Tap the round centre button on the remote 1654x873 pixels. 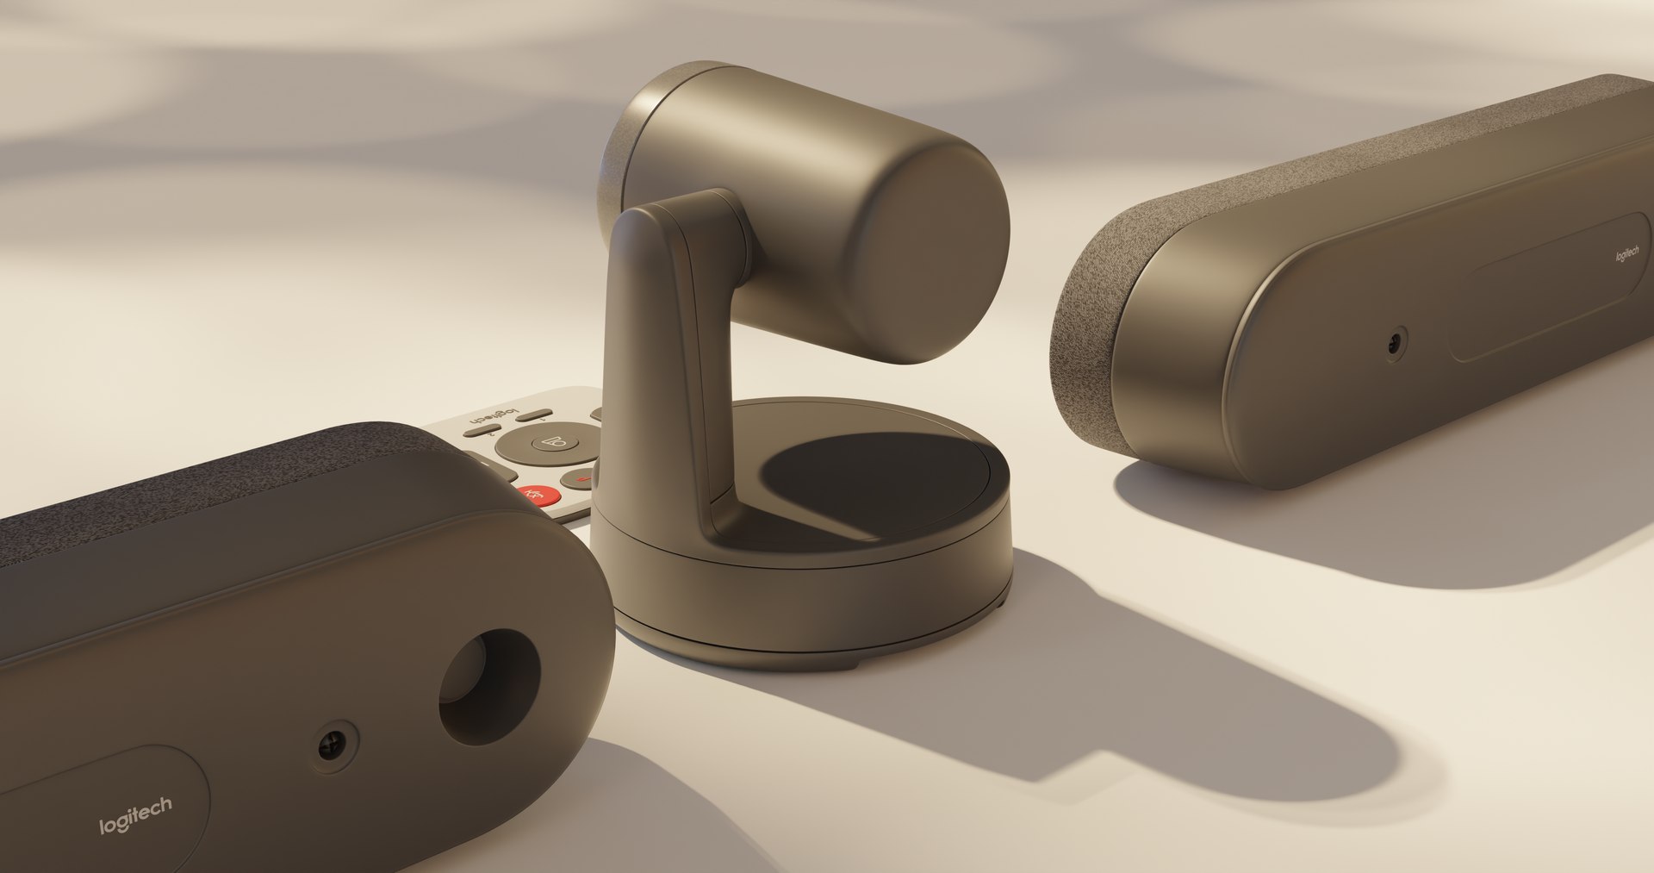click(550, 444)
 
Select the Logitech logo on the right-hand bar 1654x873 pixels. click(1626, 256)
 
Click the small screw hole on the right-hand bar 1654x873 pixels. click(1393, 346)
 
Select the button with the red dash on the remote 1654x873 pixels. click(577, 479)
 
